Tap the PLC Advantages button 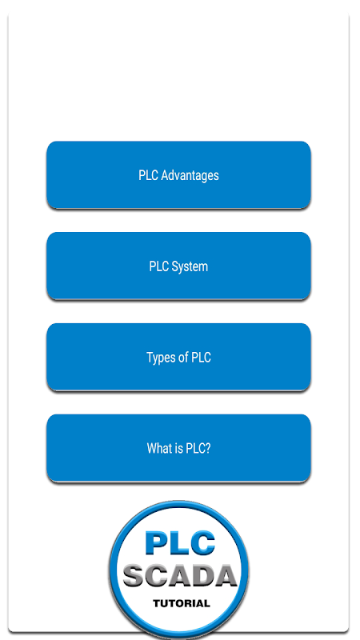178,175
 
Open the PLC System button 178,266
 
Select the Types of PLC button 178,357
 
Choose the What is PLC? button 178,448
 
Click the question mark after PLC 208,448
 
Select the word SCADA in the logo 180,575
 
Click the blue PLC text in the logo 179,542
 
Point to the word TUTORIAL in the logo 182,603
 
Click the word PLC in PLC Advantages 148,175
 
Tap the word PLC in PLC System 158,266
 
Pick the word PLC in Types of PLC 202,357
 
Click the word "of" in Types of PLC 184,357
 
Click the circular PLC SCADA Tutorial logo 179,570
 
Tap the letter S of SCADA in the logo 133,575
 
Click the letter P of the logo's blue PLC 154,543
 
